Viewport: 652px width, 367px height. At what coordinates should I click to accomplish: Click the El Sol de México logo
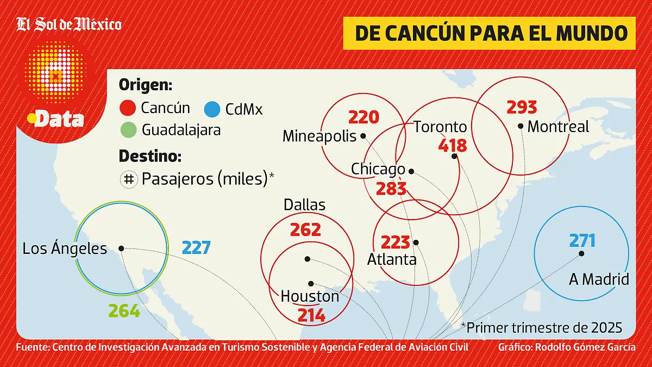[x=69, y=24]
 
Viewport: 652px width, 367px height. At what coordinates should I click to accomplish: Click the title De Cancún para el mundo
[x=491, y=33]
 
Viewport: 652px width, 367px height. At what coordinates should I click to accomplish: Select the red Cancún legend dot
[x=128, y=108]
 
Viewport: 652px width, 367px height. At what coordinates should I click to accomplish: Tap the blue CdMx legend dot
[x=212, y=109]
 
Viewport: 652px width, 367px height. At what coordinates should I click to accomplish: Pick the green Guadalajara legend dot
[x=128, y=130]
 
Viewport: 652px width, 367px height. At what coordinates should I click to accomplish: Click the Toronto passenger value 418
[x=453, y=146]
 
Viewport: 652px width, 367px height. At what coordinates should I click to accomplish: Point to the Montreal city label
[x=558, y=127]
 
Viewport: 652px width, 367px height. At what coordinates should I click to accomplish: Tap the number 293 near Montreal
[x=522, y=107]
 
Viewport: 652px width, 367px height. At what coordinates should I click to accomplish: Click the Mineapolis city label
[x=319, y=136]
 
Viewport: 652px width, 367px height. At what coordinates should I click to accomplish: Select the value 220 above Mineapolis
[x=363, y=117]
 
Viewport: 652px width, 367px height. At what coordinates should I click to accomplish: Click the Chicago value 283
[x=391, y=189]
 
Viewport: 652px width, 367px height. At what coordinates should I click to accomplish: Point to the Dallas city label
[x=304, y=204]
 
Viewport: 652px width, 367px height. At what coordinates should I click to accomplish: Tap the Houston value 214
[x=311, y=315]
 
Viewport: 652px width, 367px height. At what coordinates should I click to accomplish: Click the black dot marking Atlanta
[x=416, y=242]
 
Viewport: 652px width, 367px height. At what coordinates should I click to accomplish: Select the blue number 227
[x=196, y=248]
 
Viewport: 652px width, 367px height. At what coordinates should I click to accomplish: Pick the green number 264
[x=124, y=311]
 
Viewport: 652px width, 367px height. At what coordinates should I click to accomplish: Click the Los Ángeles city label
[x=65, y=248]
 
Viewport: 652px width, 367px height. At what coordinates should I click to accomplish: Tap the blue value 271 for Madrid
[x=582, y=241]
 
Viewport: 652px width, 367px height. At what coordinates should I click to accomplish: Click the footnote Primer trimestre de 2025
[x=541, y=327]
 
